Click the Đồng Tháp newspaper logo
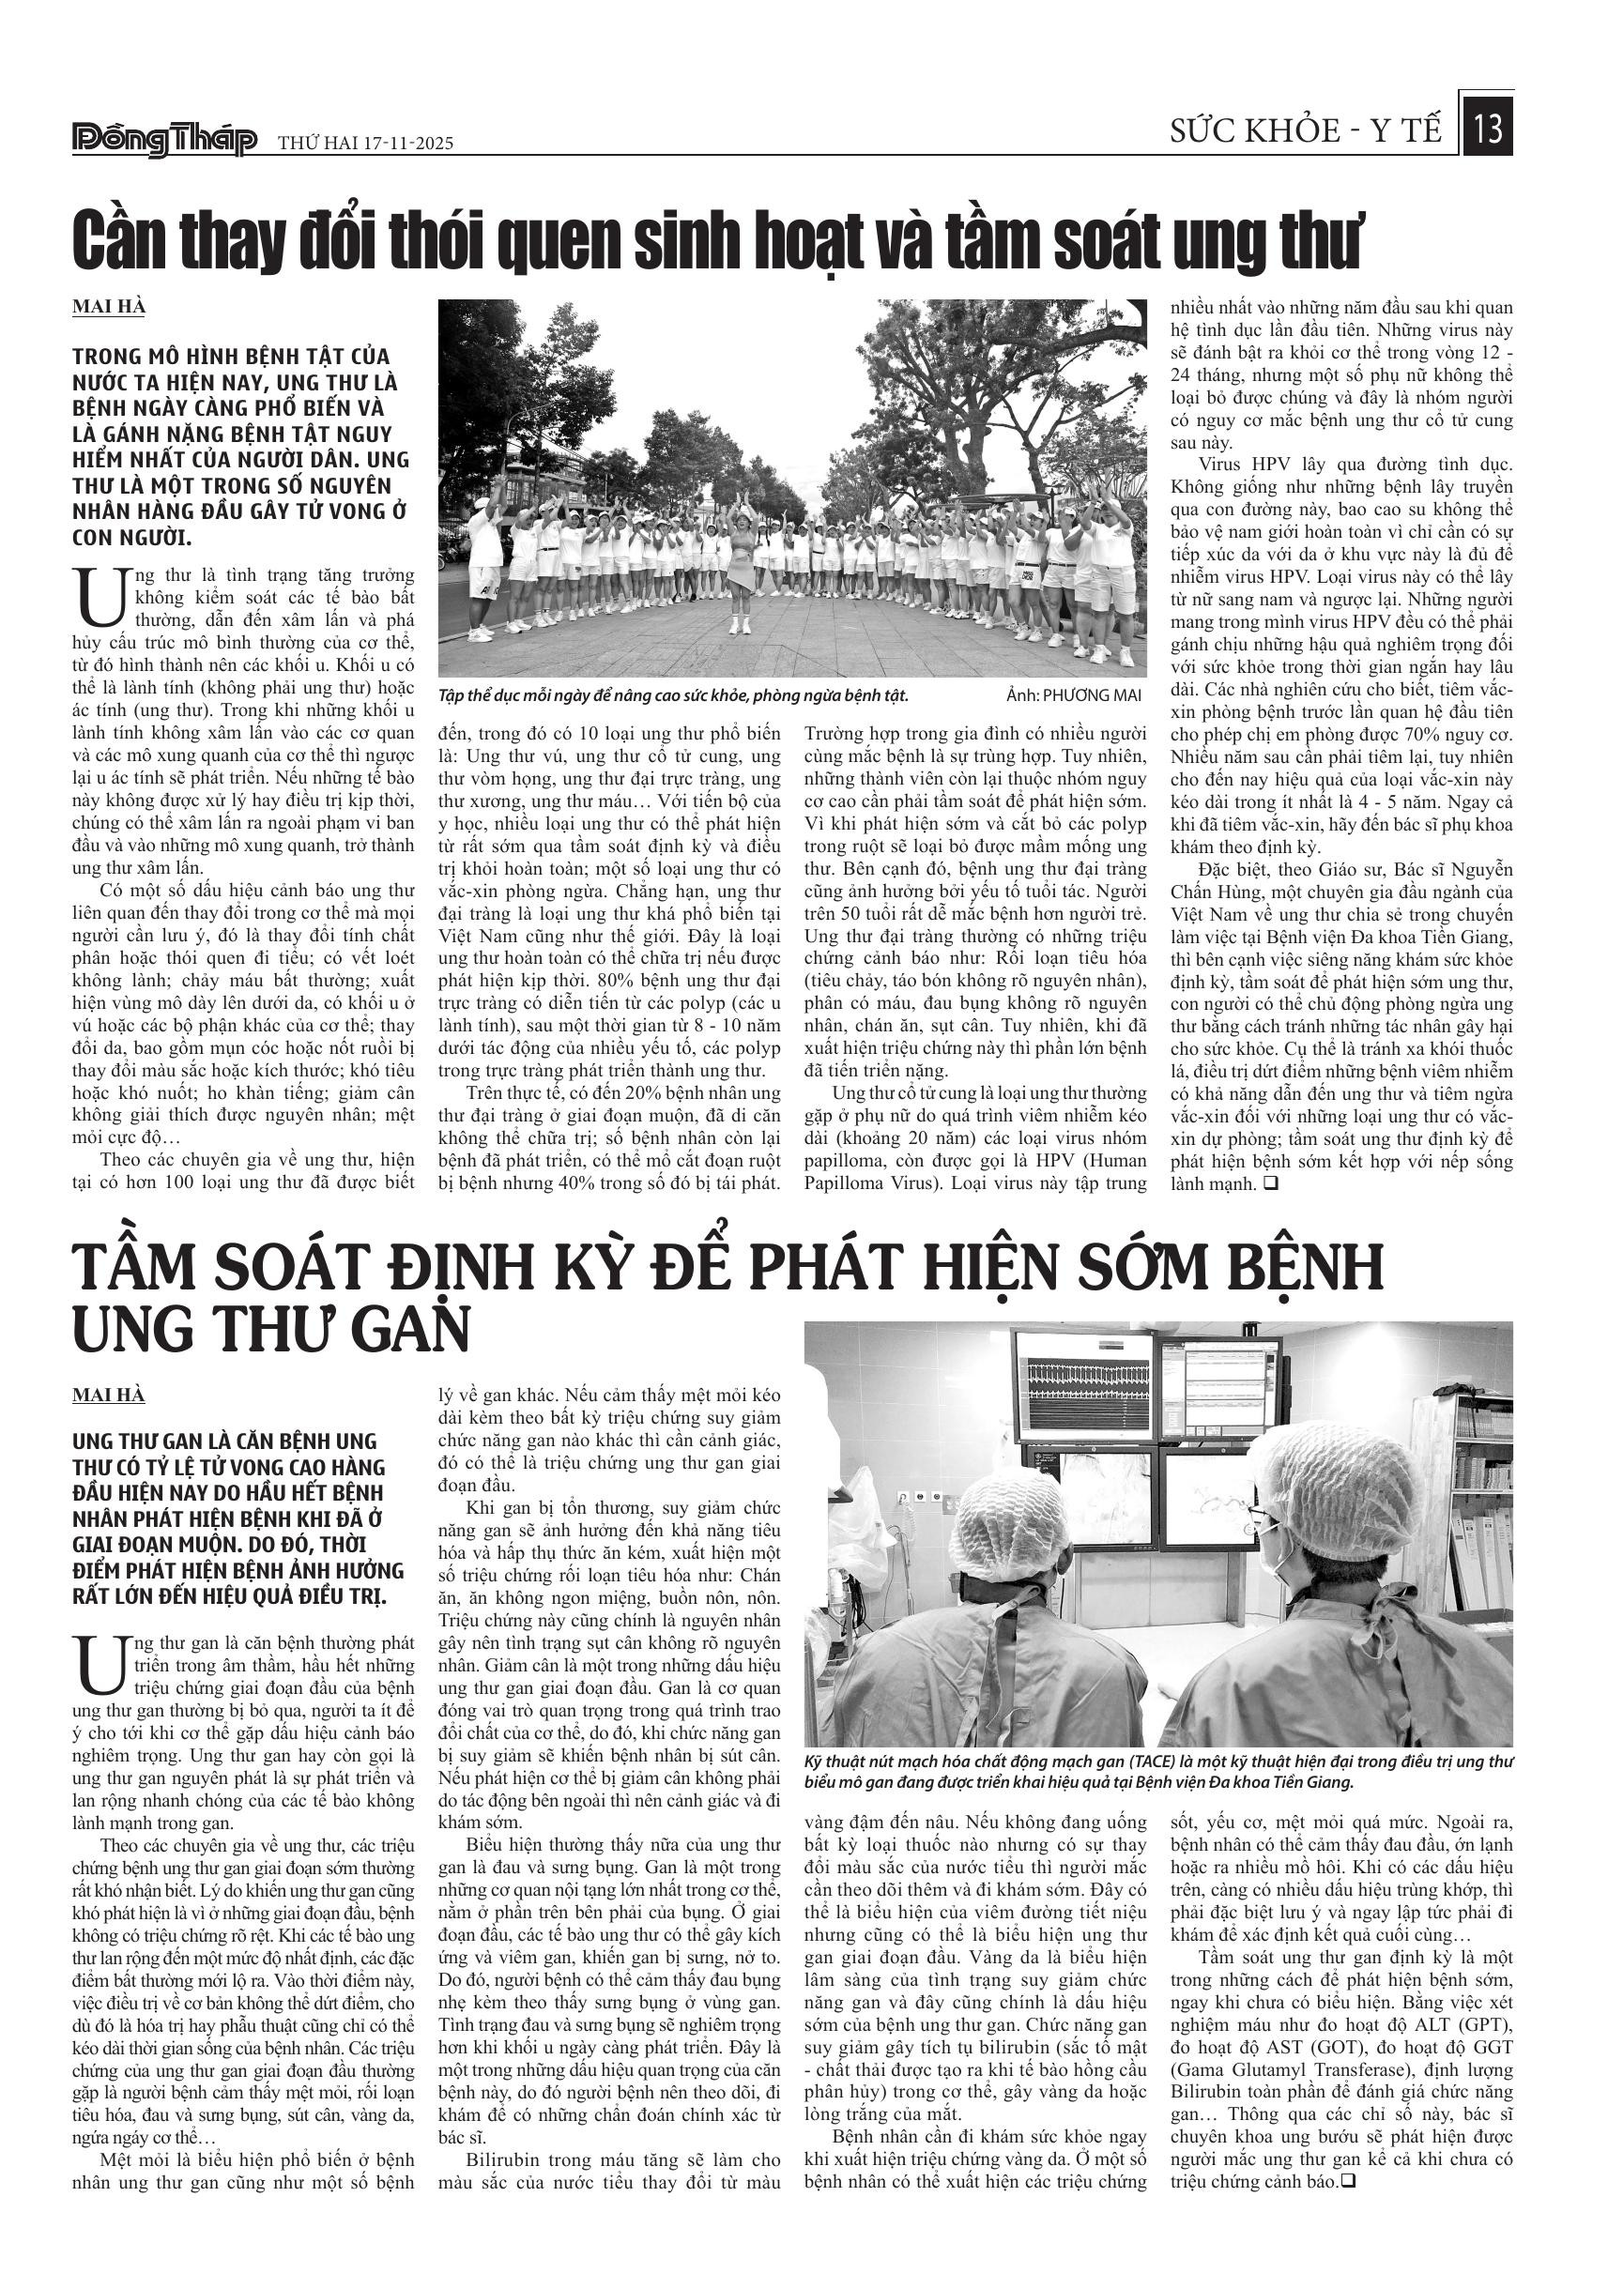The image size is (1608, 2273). [165, 141]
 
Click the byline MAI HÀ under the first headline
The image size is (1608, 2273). [109, 307]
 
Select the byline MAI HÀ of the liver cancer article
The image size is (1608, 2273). [109, 1396]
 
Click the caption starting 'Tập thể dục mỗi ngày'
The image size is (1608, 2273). [673, 696]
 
